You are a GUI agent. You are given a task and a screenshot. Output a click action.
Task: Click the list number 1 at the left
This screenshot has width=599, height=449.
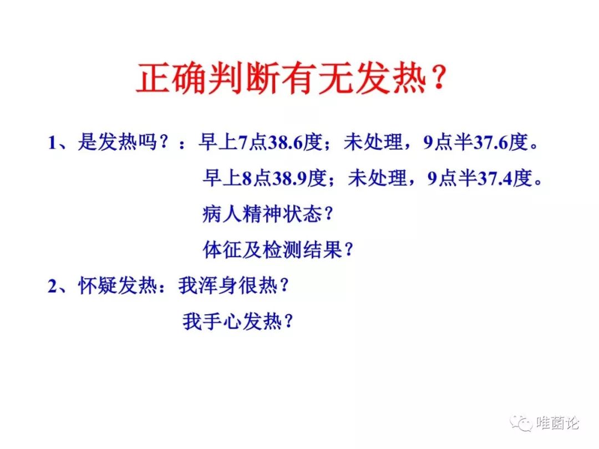tap(52, 143)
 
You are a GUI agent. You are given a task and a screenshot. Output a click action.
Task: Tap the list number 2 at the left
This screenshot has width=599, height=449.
tap(52, 286)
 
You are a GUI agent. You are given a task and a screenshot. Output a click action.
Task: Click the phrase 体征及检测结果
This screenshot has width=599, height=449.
tap(272, 249)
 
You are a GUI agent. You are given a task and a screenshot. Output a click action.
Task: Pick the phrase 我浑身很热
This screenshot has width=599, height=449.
tap(228, 285)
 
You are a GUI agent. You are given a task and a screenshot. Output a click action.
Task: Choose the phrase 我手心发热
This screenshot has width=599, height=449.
tap(232, 321)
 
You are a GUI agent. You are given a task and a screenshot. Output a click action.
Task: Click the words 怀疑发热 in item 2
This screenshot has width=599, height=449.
tap(117, 285)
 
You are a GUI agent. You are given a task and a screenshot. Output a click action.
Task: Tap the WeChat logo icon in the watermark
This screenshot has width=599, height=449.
tap(521, 422)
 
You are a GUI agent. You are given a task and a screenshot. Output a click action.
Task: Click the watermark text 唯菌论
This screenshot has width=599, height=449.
tap(558, 422)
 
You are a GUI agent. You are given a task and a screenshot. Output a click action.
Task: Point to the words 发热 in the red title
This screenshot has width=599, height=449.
tap(391, 78)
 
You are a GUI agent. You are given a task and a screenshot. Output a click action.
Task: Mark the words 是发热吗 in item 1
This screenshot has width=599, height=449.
tap(117, 142)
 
